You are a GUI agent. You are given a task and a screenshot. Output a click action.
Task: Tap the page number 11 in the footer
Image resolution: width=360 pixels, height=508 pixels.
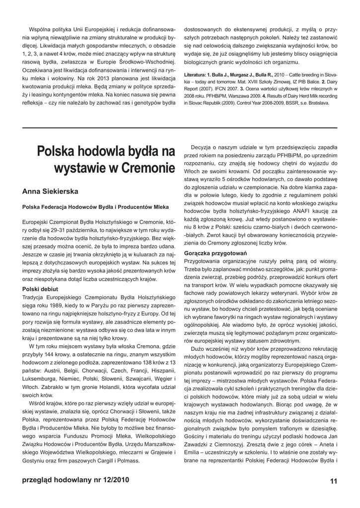(x=333, y=481)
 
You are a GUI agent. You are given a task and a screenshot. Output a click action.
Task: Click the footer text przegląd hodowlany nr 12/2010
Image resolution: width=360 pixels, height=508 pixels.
(x=76, y=480)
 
